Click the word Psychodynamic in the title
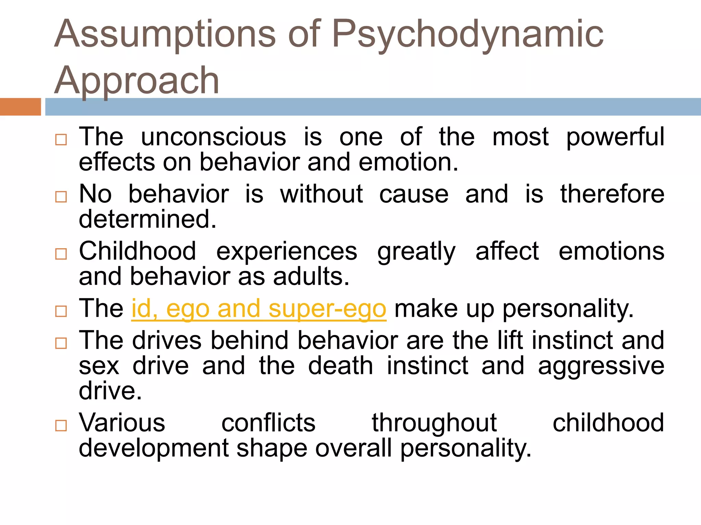coord(468,34)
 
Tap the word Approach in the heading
coord(137,81)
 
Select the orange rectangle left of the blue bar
coord(20,107)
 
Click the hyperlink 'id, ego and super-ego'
coord(259,309)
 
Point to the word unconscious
coord(213,137)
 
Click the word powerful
coord(615,137)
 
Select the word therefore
coord(612,194)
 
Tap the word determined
coord(148,219)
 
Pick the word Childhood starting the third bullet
coord(137,251)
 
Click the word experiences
coord(287,251)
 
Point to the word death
coord(340,366)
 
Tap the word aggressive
coord(601,366)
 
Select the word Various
coord(122,423)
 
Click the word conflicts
coord(268,423)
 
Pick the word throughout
coord(434,423)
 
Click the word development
coord(154,448)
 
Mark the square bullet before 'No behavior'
coord(61,197)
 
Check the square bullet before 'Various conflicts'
coord(61,426)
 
